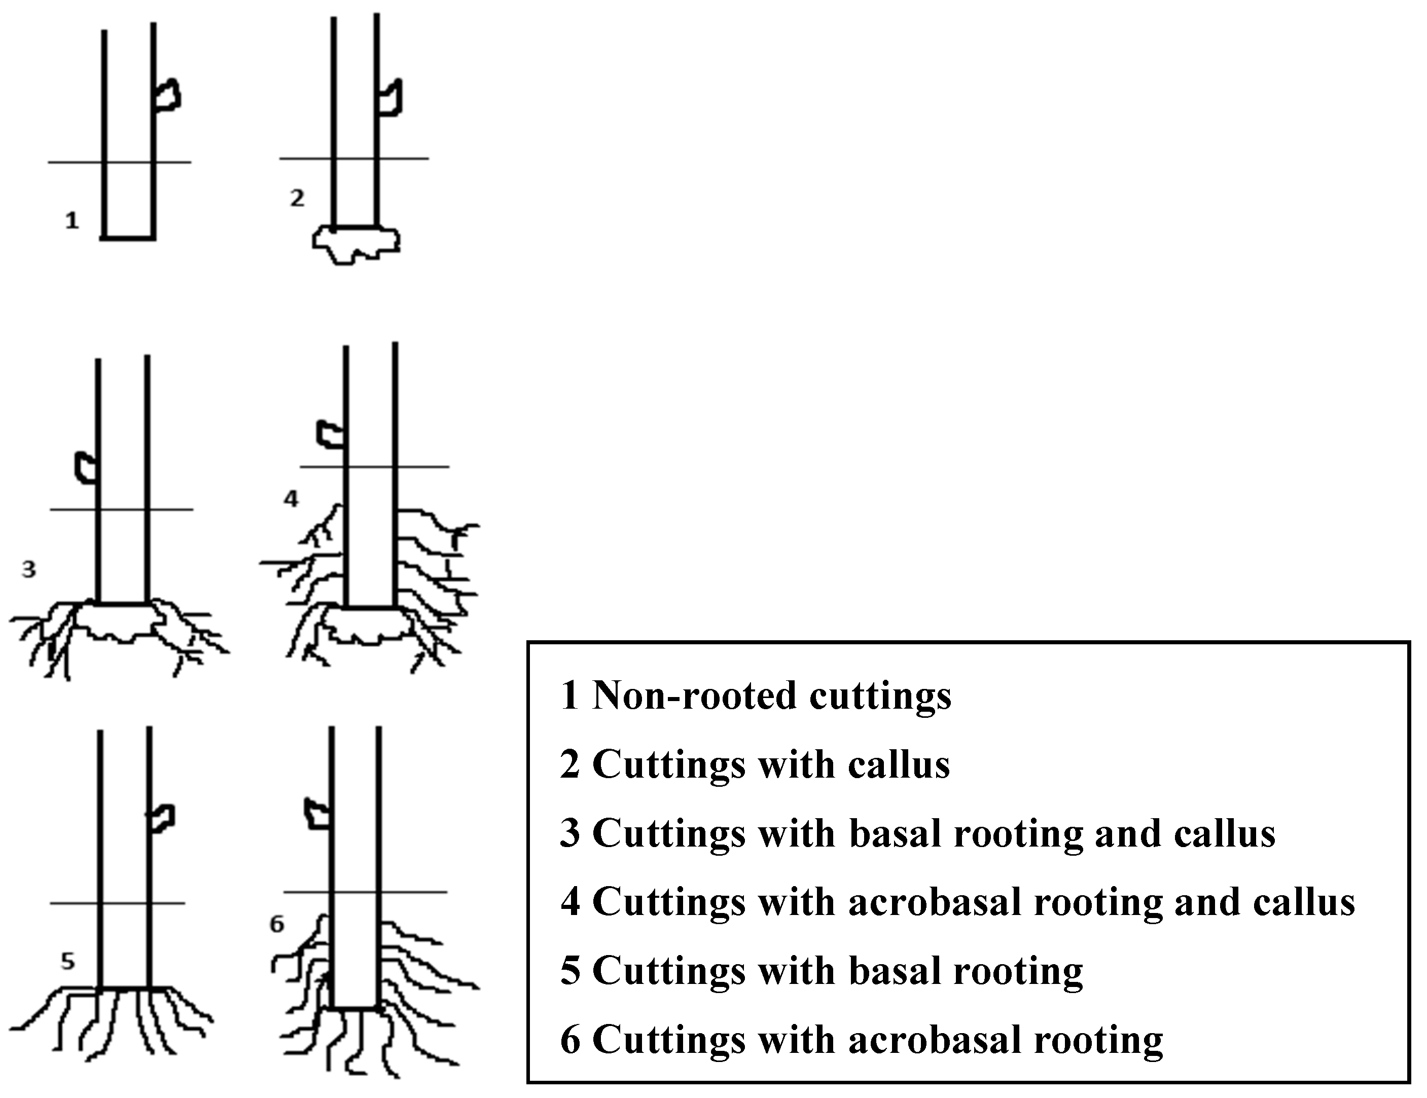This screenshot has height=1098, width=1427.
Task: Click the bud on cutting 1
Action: click(167, 95)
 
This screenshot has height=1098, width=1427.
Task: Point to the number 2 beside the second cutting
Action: click(297, 197)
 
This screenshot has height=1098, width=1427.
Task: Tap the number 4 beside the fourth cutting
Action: click(291, 499)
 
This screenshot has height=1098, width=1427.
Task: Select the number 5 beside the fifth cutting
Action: click(68, 961)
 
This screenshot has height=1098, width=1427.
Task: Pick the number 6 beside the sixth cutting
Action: click(277, 924)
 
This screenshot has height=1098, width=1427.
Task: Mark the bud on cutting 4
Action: click(331, 434)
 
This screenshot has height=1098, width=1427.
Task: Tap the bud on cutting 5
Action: click(161, 818)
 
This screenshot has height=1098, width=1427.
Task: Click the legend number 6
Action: click(570, 1039)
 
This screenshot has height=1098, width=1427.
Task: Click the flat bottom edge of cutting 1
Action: click(128, 238)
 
